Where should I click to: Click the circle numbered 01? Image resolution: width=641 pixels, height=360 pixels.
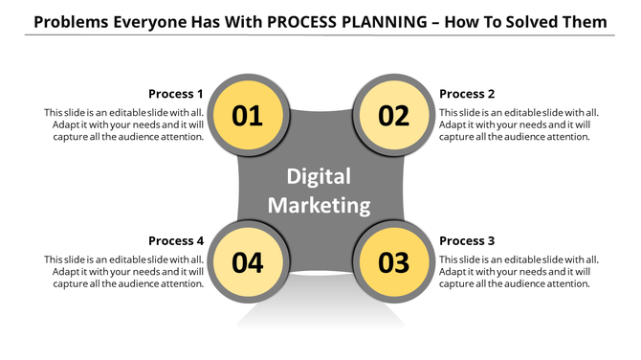click(248, 116)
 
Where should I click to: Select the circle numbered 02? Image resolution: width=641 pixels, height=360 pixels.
click(393, 116)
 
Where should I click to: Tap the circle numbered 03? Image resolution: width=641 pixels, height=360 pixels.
click(393, 262)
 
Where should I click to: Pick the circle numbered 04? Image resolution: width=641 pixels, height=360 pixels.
click(248, 262)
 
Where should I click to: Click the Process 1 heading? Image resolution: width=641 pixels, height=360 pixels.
click(176, 94)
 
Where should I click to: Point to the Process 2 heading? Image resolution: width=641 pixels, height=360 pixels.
click(467, 94)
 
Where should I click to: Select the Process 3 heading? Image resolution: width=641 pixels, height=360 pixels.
click(467, 240)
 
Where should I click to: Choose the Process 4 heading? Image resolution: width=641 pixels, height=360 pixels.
click(176, 240)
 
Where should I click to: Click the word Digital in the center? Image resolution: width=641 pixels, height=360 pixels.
click(320, 177)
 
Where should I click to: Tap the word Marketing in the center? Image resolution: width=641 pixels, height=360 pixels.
click(320, 205)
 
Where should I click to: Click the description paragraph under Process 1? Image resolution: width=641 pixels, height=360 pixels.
click(124, 124)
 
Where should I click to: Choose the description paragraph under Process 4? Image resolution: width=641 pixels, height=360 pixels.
click(124, 271)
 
